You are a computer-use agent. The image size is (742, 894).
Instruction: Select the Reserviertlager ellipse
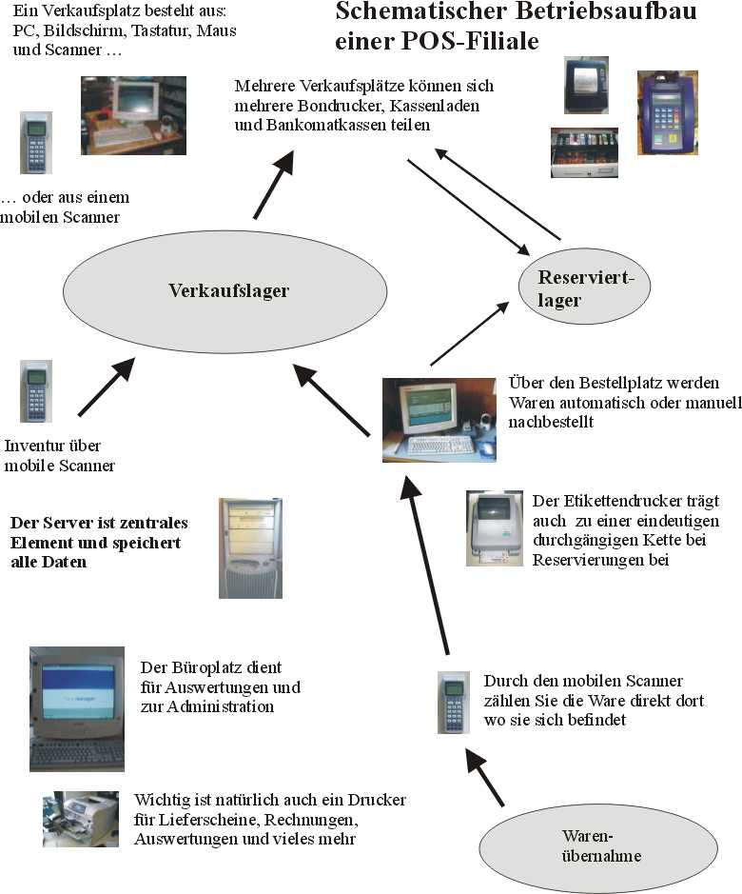click(x=584, y=286)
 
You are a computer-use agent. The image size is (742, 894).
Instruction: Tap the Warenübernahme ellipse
click(x=597, y=847)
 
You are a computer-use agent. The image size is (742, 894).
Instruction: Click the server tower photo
click(x=251, y=547)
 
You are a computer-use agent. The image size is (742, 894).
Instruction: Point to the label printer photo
click(x=494, y=528)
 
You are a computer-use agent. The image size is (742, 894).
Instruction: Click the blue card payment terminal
click(x=668, y=113)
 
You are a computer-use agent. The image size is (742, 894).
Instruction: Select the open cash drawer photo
click(x=584, y=152)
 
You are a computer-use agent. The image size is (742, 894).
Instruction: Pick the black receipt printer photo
click(x=586, y=85)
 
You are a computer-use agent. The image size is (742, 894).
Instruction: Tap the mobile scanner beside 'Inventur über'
click(x=36, y=391)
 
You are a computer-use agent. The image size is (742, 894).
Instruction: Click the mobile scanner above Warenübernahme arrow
click(x=454, y=703)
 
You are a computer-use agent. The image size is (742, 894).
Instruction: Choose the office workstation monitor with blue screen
click(x=77, y=708)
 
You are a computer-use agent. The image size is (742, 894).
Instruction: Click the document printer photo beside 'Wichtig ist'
click(x=81, y=820)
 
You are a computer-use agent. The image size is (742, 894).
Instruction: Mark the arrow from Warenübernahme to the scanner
click(x=485, y=777)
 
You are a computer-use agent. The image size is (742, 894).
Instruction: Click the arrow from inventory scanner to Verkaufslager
click(x=107, y=387)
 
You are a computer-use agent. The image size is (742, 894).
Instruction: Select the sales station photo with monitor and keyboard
click(x=133, y=116)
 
